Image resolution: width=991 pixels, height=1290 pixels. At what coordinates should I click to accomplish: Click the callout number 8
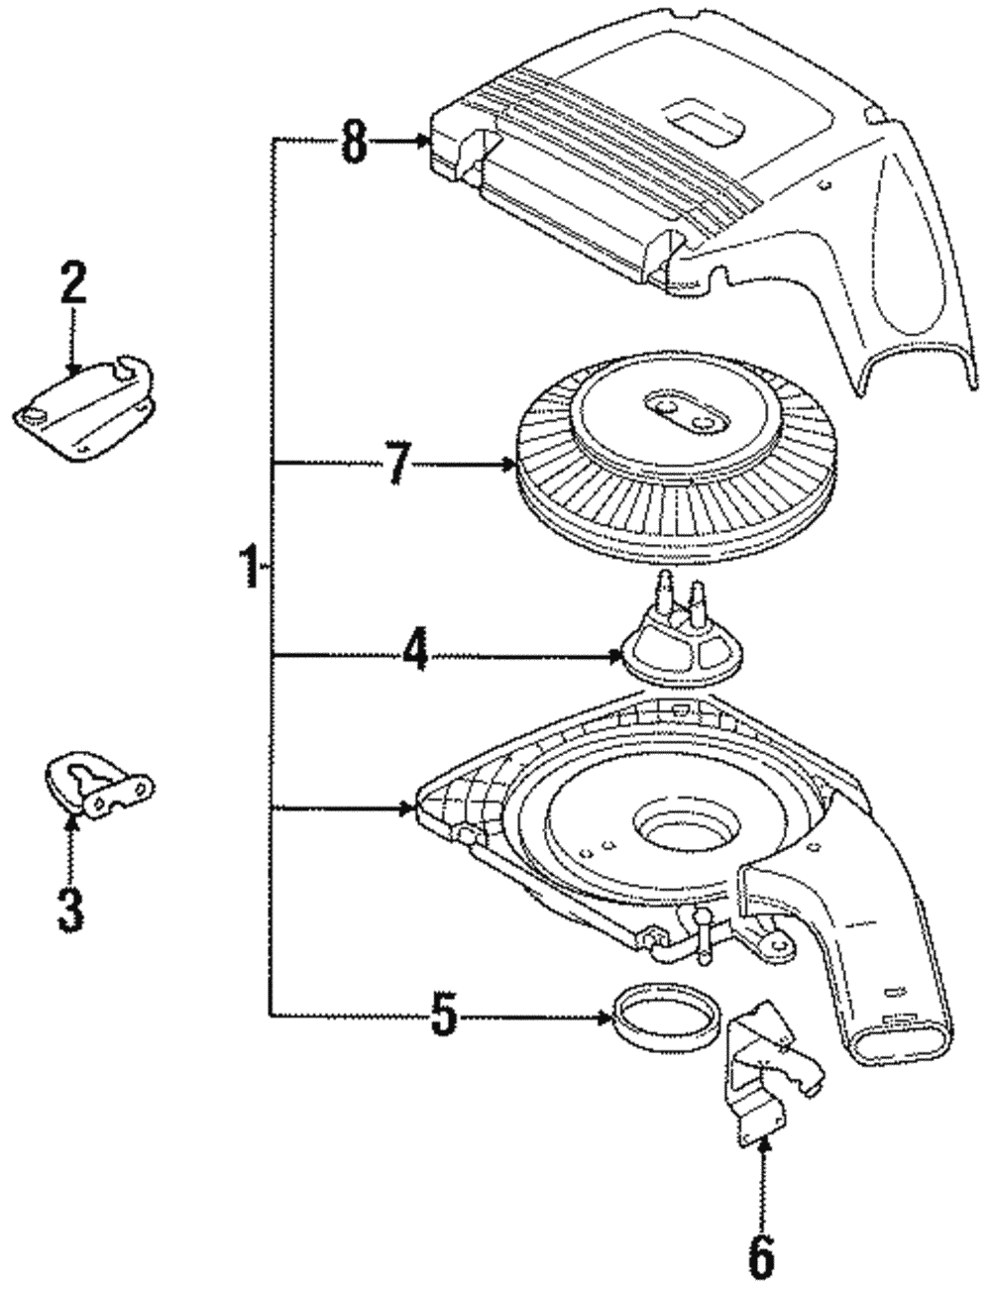(354, 142)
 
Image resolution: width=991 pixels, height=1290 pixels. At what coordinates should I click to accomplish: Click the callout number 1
(250, 568)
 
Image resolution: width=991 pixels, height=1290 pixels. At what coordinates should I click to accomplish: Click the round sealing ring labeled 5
(663, 1012)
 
